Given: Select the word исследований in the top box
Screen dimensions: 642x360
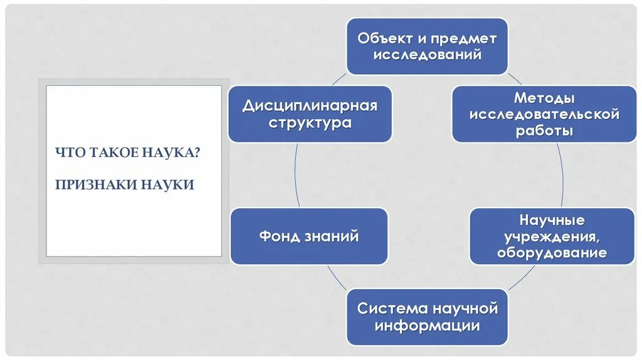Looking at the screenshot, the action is pyautogui.click(x=428, y=55).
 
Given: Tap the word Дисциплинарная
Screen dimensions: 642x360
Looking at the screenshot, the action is pyautogui.click(x=310, y=105).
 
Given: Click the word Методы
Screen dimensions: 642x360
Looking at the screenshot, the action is pyautogui.click(x=544, y=98).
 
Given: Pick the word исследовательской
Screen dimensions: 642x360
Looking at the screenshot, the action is pyautogui.click(x=544, y=115).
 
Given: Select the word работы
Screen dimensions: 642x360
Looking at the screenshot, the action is pyautogui.click(x=544, y=131).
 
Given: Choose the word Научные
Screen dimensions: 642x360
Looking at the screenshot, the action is pyautogui.click(x=552, y=221).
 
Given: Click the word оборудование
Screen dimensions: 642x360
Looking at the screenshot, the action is pyautogui.click(x=552, y=253).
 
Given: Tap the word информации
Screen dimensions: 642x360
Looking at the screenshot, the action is pyautogui.click(x=428, y=326).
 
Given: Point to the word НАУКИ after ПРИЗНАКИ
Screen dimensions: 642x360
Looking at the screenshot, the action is pyautogui.click(x=167, y=185).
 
